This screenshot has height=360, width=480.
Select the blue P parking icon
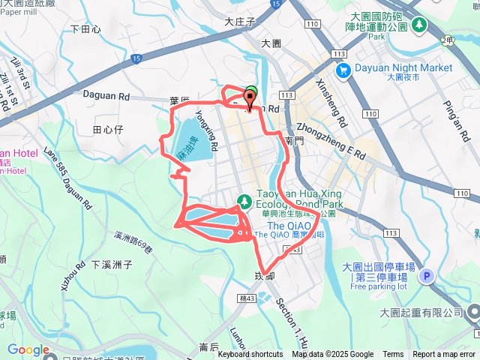pos(426,277)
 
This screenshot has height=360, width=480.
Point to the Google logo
pos(28,349)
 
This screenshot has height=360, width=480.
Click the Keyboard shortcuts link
pos(250,354)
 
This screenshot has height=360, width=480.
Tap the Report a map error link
pos(444,354)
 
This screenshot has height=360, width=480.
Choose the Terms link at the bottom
pos(393,354)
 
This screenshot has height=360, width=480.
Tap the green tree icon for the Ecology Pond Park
pos(244,201)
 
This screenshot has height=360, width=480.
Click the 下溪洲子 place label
pos(112,264)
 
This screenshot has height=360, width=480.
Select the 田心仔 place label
pos(106,130)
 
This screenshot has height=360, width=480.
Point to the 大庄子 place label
pos(240,22)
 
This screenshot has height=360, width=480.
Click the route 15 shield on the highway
pos(136,58)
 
